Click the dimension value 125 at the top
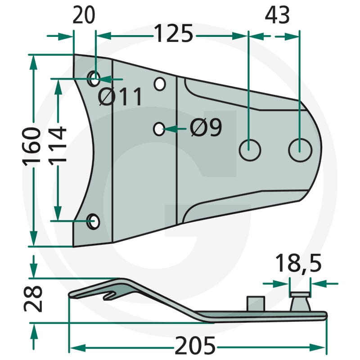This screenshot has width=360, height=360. tap(174, 33)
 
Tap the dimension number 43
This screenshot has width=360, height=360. tap(277, 16)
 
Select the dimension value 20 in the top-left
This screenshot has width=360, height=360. tap(84, 15)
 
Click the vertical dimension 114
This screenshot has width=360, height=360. tap(58, 146)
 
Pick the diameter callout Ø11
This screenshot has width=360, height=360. tap(120, 97)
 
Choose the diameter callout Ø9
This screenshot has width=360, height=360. tap(206, 128)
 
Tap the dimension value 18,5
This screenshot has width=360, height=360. tap(298, 263)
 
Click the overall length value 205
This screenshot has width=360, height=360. tap(195, 345)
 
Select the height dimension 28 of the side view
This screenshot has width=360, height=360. tap(33, 299)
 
